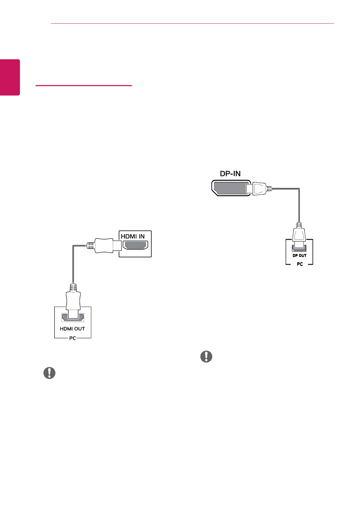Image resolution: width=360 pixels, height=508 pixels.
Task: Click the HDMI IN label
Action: (133, 236)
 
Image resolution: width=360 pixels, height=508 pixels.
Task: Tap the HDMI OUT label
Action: (73, 329)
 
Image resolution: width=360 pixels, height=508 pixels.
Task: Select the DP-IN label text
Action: (230, 174)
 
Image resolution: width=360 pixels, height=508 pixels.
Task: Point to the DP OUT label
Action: (299, 256)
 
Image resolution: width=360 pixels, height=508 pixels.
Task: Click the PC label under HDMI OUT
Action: (73, 338)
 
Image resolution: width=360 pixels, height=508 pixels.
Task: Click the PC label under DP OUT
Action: (300, 264)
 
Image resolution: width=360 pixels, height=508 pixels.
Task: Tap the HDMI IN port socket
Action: (135, 245)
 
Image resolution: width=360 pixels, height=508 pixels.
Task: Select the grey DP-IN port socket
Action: (228, 188)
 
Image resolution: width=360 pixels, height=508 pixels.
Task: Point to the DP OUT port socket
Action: (299, 248)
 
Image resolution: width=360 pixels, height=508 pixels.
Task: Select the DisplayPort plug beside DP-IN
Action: (258, 189)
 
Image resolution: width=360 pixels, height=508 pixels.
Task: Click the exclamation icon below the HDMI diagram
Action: (50, 373)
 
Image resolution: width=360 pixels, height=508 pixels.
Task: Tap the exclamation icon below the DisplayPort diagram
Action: (206, 356)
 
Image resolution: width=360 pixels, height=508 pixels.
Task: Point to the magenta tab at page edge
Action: (10, 77)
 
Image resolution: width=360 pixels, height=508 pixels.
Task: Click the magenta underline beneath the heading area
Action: (84, 85)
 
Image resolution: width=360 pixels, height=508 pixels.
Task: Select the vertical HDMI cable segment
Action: (73, 265)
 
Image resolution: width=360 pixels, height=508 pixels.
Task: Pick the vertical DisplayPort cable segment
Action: (299, 206)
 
